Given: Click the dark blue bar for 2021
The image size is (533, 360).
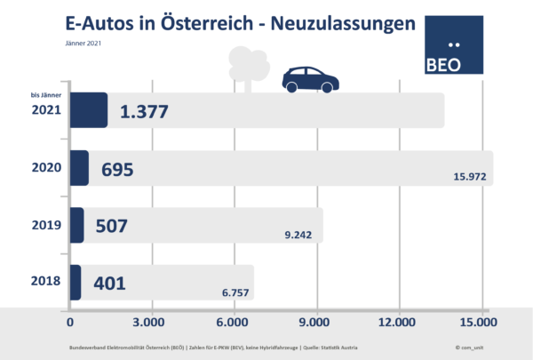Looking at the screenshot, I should (88, 110).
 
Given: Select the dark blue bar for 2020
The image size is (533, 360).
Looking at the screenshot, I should (78, 168).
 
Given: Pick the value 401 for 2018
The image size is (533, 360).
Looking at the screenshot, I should (107, 283).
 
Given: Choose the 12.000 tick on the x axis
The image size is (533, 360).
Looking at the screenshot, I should (396, 321).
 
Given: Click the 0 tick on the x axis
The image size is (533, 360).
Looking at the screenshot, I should (70, 321).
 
